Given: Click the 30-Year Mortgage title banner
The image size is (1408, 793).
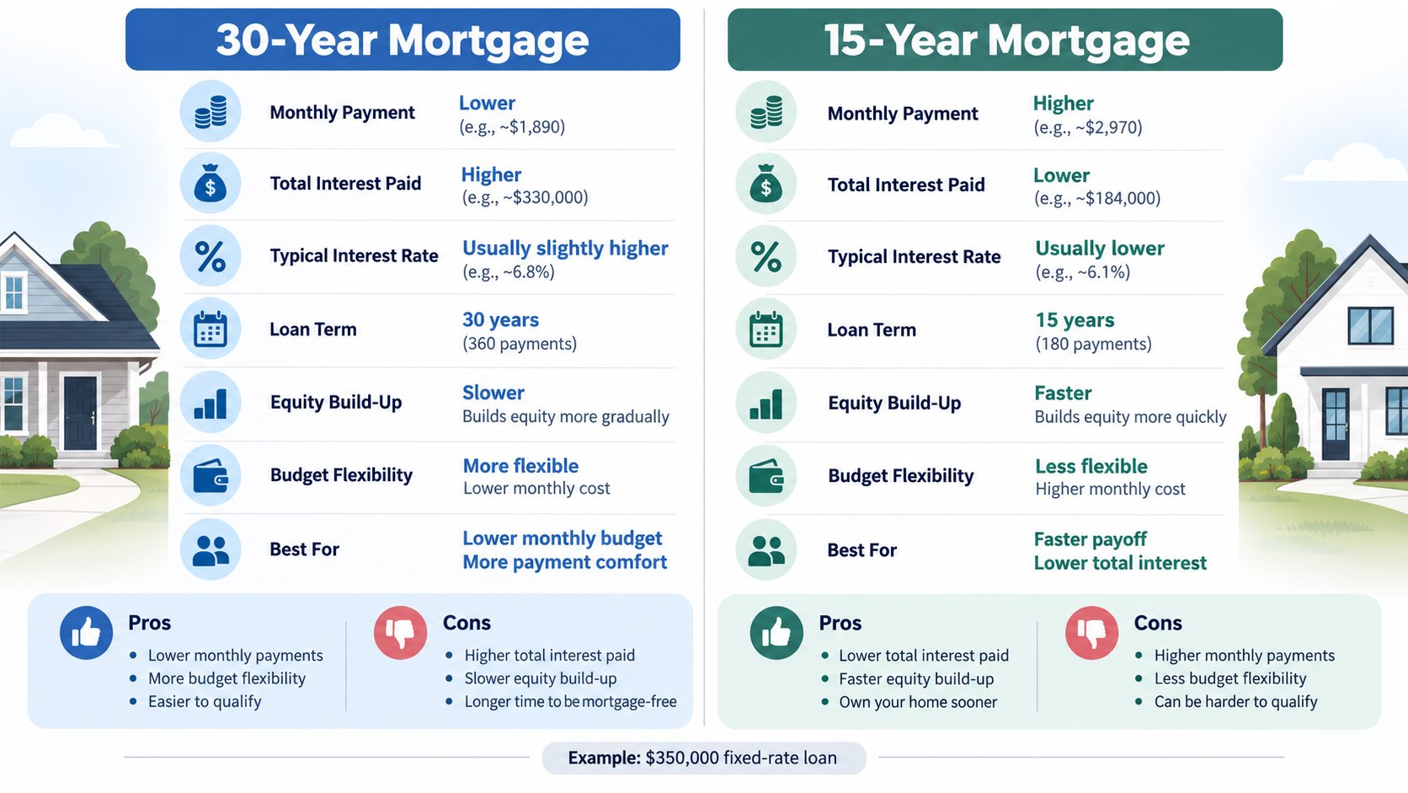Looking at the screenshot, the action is pyautogui.click(x=403, y=39).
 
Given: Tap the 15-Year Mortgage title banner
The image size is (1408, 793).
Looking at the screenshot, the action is pyautogui.click(x=1005, y=39).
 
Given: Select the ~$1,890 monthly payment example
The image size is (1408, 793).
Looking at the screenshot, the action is pyautogui.click(x=512, y=127).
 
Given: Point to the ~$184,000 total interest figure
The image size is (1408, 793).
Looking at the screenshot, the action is pyautogui.click(x=1097, y=199).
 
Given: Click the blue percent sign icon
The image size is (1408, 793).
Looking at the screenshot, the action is pyautogui.click(x=211, y=256).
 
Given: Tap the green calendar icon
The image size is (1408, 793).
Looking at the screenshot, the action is pyautogui.click(x=766, y=330).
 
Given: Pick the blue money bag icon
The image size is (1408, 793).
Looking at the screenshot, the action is pyautogui.click(x=211, y=184).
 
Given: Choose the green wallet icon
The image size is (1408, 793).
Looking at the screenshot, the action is pyautogui.click(x=766, y=475).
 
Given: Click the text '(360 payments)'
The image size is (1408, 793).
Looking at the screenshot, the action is pyautogui.click(x=520, y=344).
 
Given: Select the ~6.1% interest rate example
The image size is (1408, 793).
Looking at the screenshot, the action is pyautogui.click(x=1082, y=272).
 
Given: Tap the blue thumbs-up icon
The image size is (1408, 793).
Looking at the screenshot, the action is pyautogui.click(x=86, y=633).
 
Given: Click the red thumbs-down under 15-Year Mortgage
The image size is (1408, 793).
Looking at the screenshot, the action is pyautogui.click(x=1092, y=633).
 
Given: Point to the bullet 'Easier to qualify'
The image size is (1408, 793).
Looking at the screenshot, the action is pyautogui.click(x=205, y=702).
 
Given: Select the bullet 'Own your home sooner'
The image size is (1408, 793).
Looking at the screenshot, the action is pyautogui.click(x=918, y=703).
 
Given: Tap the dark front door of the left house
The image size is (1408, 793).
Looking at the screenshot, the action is pyautogui.click(x=81, y=413).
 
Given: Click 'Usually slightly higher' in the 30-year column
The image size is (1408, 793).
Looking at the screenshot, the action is pyautogui.click(x=565, y=249).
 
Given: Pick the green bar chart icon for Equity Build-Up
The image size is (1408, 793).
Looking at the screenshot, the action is pyautogui.click(x=766, y=403).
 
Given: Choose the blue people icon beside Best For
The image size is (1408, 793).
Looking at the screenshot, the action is pyautogui.click(x=211, y=549).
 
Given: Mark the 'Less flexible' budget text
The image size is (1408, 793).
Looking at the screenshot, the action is pyautogui.click(x=1091, y=466).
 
